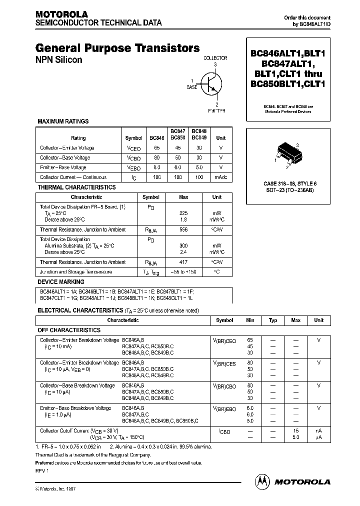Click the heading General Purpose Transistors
pos(117,48)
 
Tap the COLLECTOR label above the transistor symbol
pos(215,58)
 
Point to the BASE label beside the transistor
pos(192,87)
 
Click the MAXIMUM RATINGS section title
pos(63,121)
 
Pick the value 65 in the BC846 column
pos(157,148)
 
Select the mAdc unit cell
pos(220,177)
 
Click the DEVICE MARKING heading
pos(61,282)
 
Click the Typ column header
pos(273,320)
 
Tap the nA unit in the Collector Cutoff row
pos(318,430)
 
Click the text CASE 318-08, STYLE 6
pos(289,183)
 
